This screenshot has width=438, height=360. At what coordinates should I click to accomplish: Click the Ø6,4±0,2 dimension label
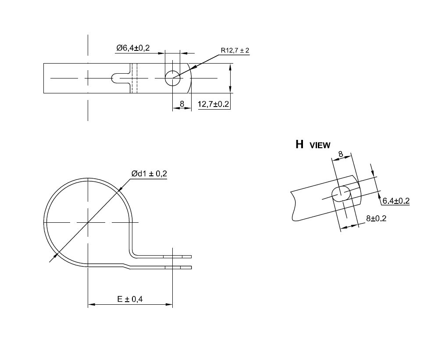133,48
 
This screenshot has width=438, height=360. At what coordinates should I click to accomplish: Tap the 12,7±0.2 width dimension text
214,104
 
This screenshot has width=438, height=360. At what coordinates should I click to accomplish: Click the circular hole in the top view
172,78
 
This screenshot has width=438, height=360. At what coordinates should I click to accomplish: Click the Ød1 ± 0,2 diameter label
149,174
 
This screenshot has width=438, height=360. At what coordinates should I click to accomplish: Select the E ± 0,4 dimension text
130,299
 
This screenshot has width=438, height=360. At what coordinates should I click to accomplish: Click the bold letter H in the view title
299,145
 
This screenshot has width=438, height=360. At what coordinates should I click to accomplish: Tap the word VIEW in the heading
320,146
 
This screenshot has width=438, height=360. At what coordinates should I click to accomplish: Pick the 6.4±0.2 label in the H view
395,201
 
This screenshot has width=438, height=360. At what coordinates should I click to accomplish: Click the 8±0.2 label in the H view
376,218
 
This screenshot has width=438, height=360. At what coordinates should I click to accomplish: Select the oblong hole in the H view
341,193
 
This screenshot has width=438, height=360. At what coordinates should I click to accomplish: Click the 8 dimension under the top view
182,104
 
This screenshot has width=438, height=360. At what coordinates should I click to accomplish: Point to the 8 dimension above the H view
341,154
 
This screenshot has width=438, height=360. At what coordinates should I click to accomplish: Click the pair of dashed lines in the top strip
134,78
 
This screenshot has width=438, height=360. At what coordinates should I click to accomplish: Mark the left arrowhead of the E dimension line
90,304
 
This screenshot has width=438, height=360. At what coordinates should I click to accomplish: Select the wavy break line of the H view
292,206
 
